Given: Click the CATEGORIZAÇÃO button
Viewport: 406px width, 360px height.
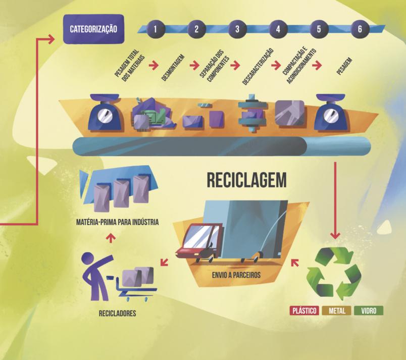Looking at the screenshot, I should pyautogui.click(x=93, y=28).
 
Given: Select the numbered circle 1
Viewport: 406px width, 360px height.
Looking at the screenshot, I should pyautogui.click(x=156, y=28).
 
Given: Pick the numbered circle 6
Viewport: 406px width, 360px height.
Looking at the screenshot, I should pyautogui.click(x=359, y=28).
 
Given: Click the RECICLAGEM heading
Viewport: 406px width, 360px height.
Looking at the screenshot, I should pyautogui.click(x=246, y=180).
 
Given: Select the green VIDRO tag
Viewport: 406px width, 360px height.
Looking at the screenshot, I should pyautogui.click(x=369, y=311).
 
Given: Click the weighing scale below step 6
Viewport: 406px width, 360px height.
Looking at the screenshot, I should pyautogui.click(x=332, y=112).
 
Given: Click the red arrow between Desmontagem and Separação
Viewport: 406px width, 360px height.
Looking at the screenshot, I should pyautogui.click(x=192, y=65).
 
